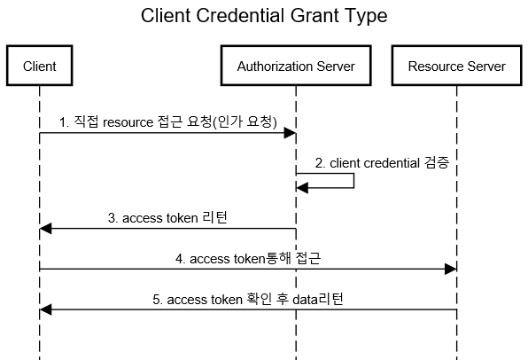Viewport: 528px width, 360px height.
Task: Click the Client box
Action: (x=39, y=66)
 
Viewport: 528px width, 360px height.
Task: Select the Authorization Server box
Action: (x=296, y=66)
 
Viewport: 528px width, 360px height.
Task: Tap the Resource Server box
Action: (x=456, y=66)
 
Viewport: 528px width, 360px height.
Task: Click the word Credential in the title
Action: (x=240, y=15)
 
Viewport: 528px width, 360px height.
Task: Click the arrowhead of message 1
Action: (x=290, y=133)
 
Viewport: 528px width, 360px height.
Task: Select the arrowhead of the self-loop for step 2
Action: (x=302, y=188)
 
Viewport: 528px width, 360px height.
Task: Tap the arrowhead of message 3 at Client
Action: (x=45, y=229)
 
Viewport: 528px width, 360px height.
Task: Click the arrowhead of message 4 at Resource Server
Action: (x=451, y=269)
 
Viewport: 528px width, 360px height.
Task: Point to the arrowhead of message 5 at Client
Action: (x=45, y=309)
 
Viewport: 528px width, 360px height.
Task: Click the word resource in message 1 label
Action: (x=128, y=122)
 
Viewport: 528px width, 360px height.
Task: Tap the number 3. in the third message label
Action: (x=113, y=218)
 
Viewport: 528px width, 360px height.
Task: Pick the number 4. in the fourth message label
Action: (x=180, y=259)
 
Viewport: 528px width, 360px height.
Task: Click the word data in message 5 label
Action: (x=305, y=300)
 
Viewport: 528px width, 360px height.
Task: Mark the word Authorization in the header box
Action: (x=275, y=67)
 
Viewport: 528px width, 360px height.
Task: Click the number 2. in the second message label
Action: (x=320, y=163)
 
